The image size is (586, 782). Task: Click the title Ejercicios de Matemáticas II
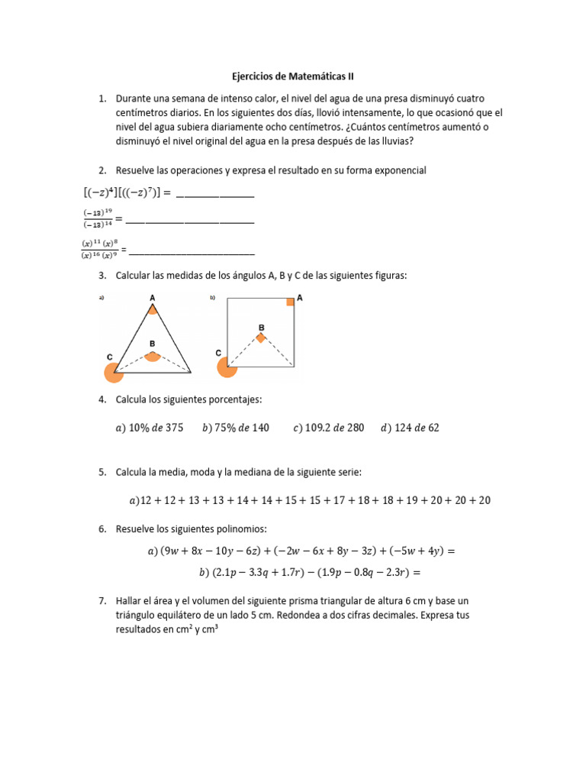pyautogui.click(x=293, y=77)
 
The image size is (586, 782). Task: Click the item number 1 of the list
pyautogui.click(x=101, y=99)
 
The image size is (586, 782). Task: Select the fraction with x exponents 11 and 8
pyautogui.click(x=99, y=249)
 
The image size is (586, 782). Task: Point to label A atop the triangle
pyautogui.click(x=153, y=297)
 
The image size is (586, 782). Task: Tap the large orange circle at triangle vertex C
pyautogui.click(x=114, y=372)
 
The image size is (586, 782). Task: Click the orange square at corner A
pyautogui.click(x=290, y=302)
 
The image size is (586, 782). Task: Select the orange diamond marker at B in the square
pyautogui.click(x=261, y=337)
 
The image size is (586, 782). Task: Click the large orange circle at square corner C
pyautogui.click(x=227, y=367)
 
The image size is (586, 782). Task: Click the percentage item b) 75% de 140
pyautogui.click(x=236, y=428)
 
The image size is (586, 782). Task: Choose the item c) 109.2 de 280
pyautogui.click(x=328, y=428)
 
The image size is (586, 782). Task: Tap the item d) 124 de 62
pyautogui.click(x=410, y=428)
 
